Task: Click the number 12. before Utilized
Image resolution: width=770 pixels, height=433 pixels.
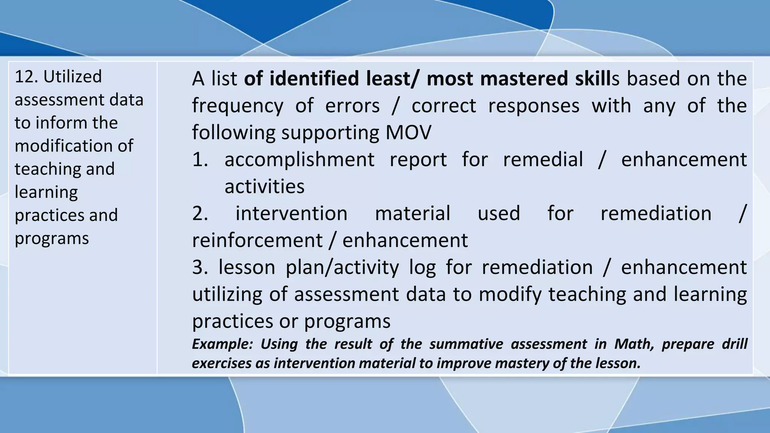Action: tap(26, 77)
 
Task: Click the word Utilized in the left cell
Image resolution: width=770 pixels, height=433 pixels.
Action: tap(73, 77)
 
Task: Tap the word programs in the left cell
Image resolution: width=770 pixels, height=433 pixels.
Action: tap(52, 239)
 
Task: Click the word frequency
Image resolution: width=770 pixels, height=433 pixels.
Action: tap(237, 106)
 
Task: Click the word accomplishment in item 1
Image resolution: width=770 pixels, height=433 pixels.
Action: tap(299, 160)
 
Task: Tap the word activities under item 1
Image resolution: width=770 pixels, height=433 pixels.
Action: tap(264, 187)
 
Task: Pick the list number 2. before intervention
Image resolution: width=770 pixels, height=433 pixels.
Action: tap(200, 213)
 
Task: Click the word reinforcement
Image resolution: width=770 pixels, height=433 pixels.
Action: tap(257, 241)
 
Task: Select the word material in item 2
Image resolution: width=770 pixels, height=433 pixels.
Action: tap(412, 213)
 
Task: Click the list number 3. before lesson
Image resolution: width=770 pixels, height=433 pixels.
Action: tap(200, 268)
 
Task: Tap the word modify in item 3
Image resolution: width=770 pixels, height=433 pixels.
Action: tap(510, 295)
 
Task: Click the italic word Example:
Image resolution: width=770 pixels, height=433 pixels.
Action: tap(222, 344)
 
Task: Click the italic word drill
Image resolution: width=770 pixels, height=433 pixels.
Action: tap(735, 344)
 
